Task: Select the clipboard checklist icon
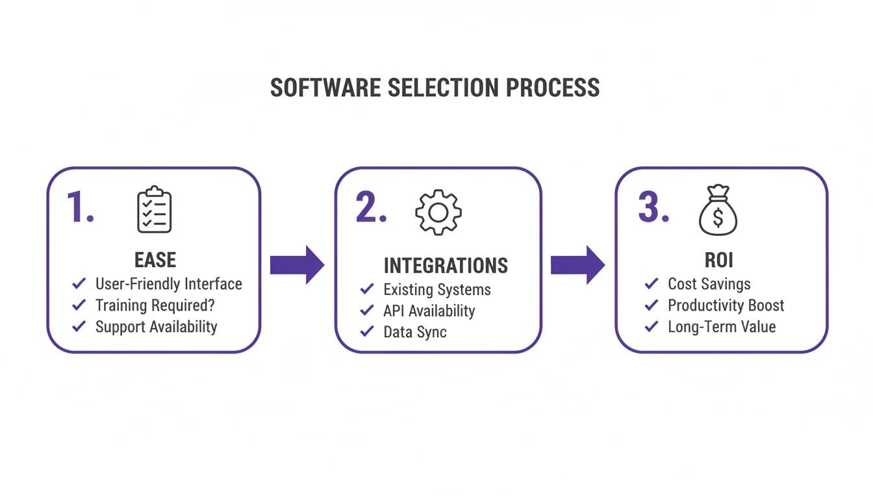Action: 154,210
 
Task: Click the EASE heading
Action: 155,260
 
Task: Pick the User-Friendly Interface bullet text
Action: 168,284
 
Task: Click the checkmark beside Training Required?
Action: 79,305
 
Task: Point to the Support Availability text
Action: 156,326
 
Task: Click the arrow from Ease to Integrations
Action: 297,264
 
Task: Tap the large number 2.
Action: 370,208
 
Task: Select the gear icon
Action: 438,212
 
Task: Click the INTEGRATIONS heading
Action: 446,265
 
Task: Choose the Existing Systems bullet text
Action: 436,289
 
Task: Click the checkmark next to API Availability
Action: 367,310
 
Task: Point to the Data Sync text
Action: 414,331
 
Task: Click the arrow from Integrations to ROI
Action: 577,264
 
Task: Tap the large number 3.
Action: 653,208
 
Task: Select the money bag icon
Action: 718,210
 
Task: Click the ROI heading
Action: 718,260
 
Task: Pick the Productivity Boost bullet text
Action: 726,305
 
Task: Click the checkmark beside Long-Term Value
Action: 652,326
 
